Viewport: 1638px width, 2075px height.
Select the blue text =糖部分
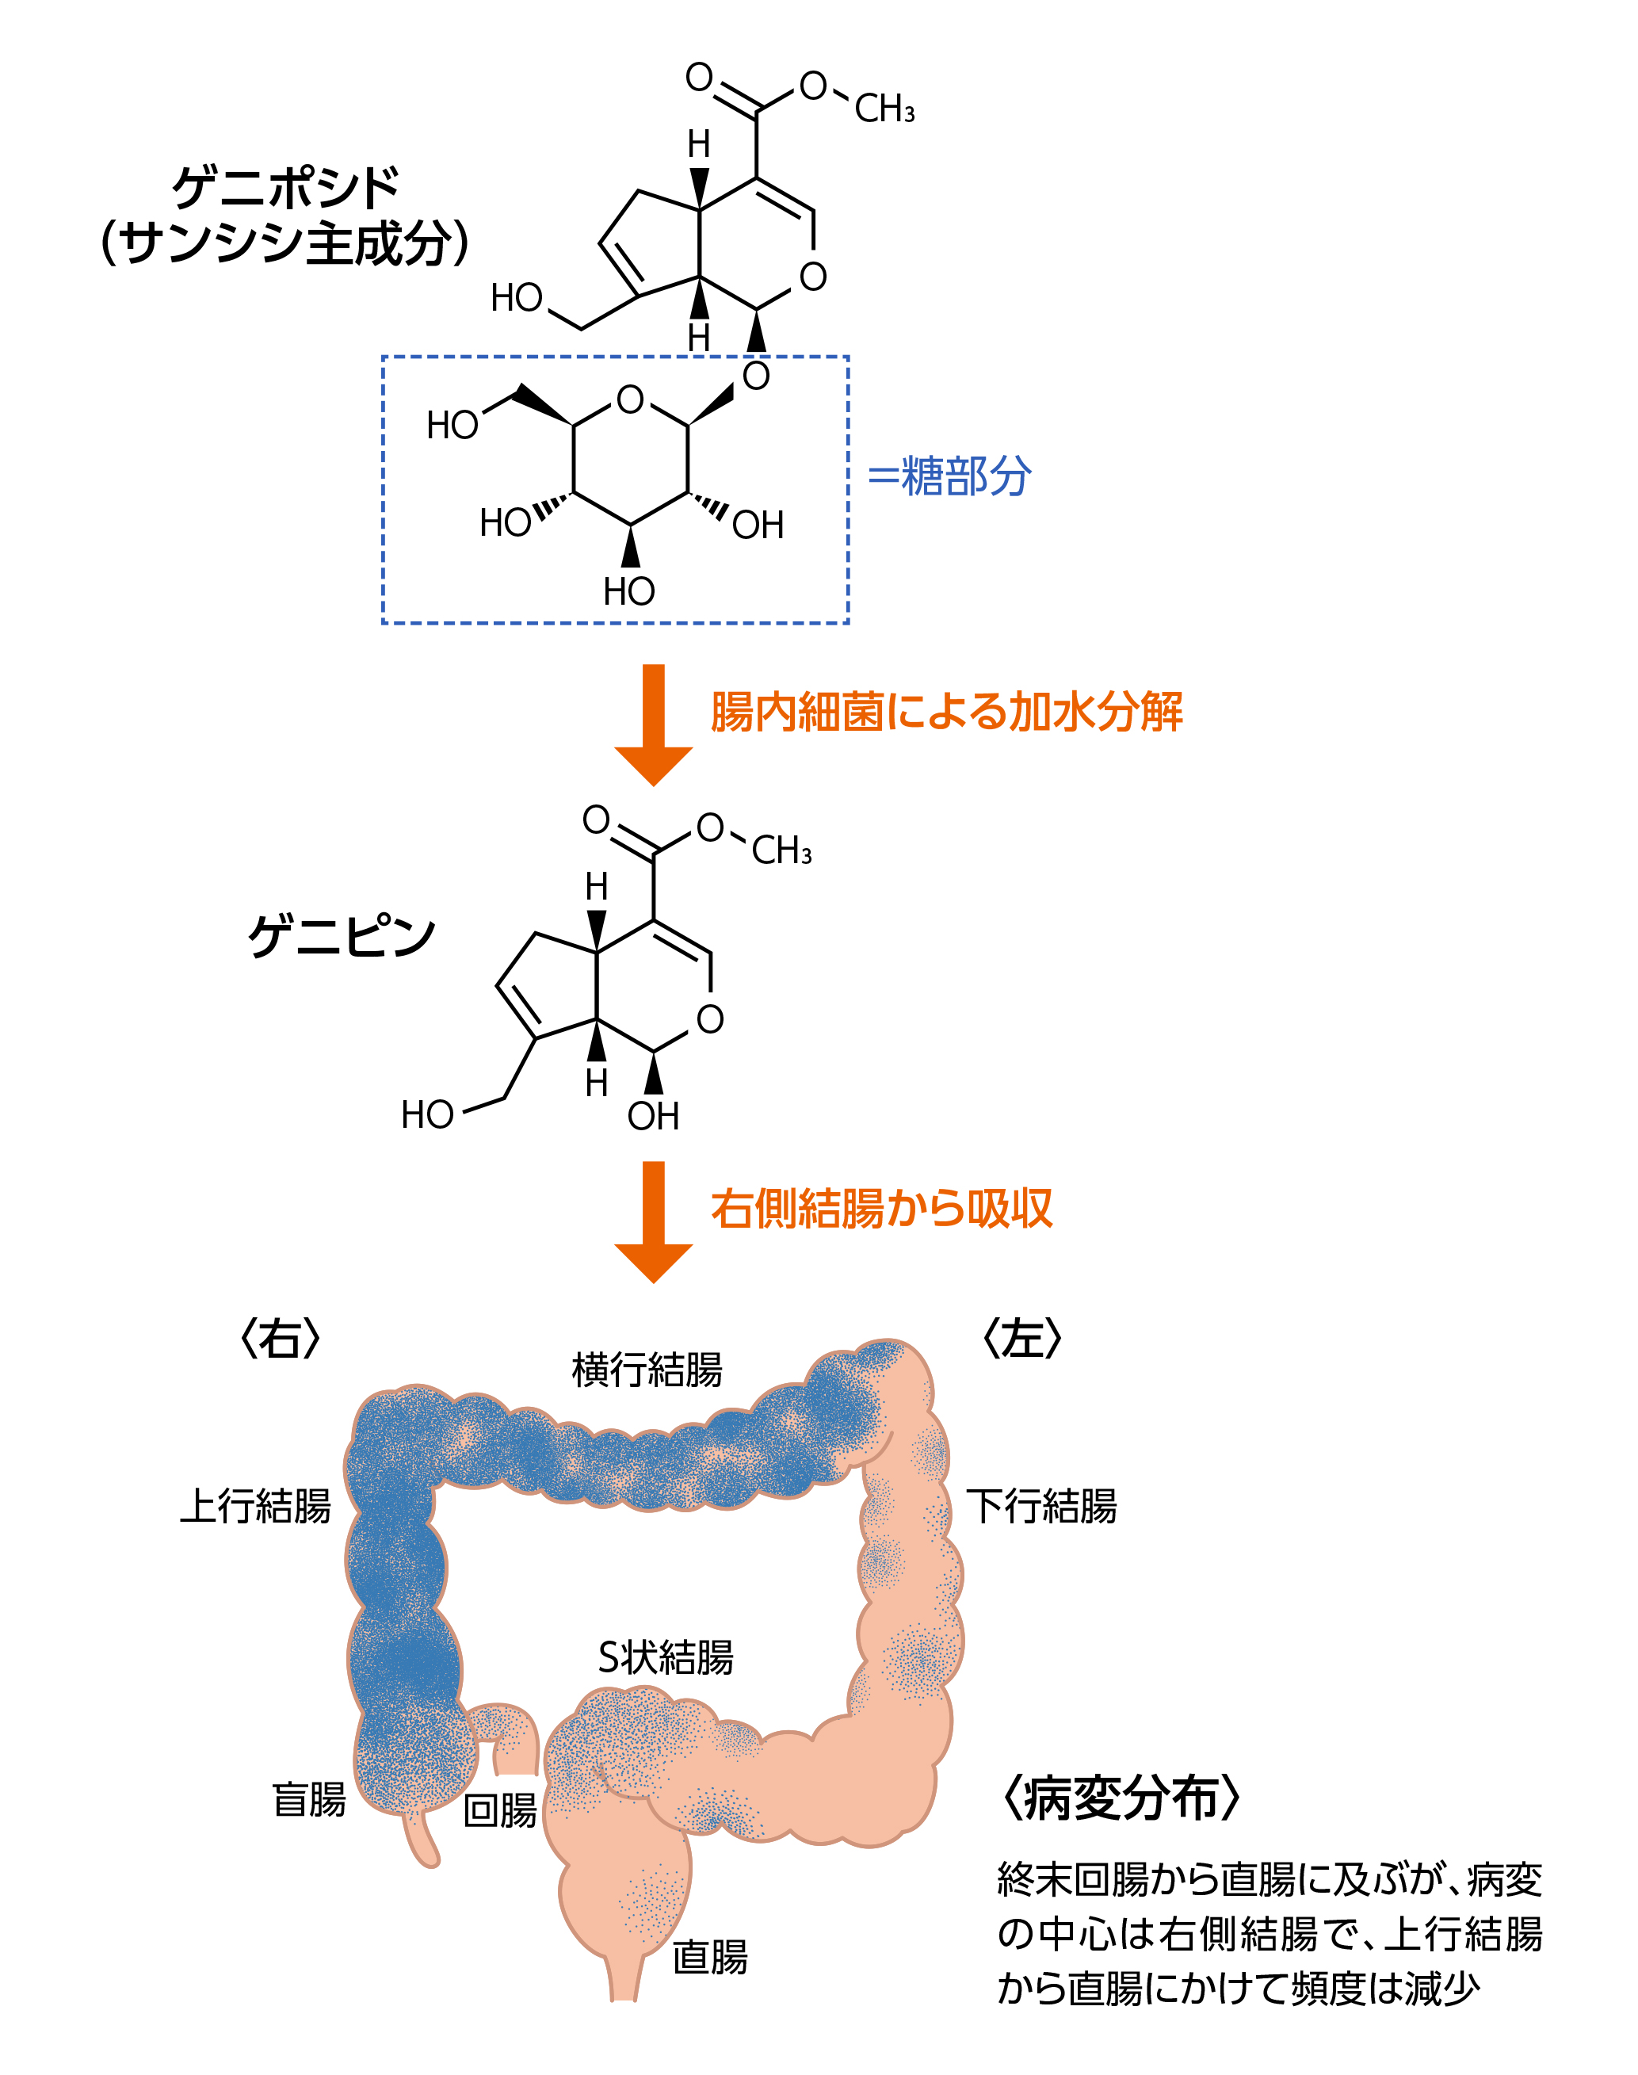[949, 477]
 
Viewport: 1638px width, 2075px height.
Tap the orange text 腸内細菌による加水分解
[945, 713]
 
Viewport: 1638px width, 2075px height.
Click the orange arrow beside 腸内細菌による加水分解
[653, 724]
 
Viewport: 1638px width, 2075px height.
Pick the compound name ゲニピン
[342, 936]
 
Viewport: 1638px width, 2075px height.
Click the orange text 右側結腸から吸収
[881, 1209]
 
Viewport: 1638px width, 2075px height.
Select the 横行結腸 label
[647, 1370]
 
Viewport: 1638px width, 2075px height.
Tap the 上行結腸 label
[255, 1506]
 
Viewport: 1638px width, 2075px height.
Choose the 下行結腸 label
[1040, 1506]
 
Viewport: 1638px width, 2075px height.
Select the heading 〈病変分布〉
[1120, 1798]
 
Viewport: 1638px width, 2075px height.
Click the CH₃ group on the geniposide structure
[884, 109]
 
